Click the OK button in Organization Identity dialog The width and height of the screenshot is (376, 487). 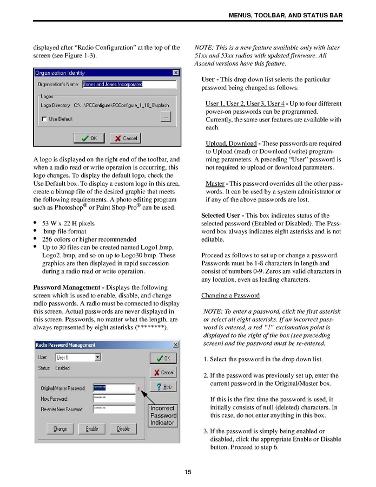coord(89,138)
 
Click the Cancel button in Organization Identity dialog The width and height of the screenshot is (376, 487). coord(125,138)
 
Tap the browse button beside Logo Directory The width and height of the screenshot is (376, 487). coord(166,117)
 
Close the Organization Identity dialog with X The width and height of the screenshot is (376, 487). coord(176,73)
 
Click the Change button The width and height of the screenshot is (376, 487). coord(60,428)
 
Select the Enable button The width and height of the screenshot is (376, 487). coord(92,428)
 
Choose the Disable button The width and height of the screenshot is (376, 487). coord(123,428)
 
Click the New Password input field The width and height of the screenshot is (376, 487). coord(114,398)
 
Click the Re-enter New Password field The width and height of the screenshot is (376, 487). coord(114,409)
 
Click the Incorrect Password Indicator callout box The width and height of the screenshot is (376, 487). coord(162,415)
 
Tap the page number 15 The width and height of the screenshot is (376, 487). coord(188,472)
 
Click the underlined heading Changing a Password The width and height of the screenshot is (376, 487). coord(230,295)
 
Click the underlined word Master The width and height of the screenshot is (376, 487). coord(215,184)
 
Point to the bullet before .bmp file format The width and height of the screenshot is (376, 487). coord(35,231)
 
